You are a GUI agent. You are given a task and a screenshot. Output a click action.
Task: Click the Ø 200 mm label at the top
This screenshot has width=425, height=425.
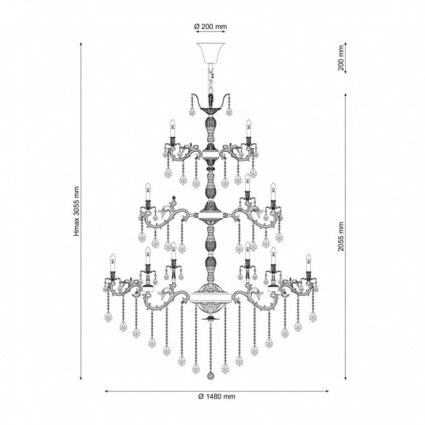tap(211, 27)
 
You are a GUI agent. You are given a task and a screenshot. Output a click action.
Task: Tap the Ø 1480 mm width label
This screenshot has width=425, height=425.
tap(216, 397)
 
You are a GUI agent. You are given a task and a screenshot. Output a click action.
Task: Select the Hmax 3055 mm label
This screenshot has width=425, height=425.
tap(77, 211)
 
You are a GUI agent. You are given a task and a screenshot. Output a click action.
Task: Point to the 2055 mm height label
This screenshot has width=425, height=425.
tap(341, 237)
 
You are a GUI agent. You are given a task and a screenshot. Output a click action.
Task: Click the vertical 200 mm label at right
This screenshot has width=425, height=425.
tap(341, 58)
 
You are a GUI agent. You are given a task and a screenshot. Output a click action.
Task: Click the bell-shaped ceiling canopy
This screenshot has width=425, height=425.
tap(211, 53)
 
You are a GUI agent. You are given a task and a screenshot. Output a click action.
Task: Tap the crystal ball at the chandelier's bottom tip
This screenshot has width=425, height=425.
tap(211, 375)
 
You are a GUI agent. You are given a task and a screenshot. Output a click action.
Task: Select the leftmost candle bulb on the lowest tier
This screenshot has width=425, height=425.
tap(113, 263)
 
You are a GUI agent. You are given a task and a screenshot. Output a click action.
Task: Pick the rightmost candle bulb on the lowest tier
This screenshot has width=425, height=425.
tap(308, 263)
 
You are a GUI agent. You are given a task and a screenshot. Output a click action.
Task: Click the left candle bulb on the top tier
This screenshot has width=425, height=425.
tap(172, 128)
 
